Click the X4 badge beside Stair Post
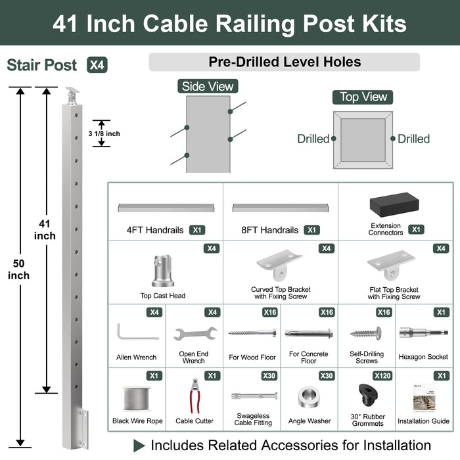tap(96, 65)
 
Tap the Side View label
tap(207, 86)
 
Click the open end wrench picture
tap(195, 333)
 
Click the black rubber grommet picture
tap(366, 396)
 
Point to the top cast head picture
tap(163, 270)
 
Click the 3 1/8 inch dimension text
tap(104, 133)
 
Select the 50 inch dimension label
tap(18, 269)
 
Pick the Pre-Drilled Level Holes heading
tap(285, 62)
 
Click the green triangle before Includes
tap(139, 445)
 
